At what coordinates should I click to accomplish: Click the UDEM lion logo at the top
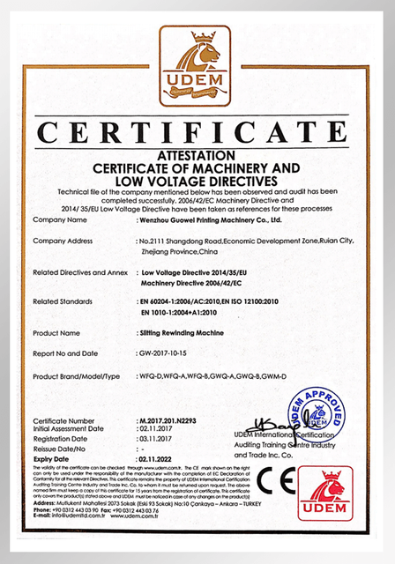coord(197,65)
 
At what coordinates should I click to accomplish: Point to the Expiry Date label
coord(55,458)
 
